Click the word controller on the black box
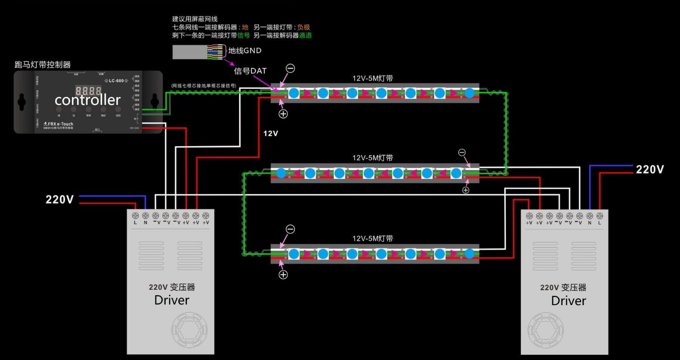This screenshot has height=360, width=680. click(88, 100)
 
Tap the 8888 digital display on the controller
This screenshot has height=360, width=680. click(88, 90)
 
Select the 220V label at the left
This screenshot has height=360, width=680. click(60, 200)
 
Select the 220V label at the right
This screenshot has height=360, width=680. click(649, 169)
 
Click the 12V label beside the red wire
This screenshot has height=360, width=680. click(270, 134)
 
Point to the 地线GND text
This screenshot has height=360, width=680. click(245, 51)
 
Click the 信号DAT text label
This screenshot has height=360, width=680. click(250, 71)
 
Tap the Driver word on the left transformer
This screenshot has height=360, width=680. click(172, 300)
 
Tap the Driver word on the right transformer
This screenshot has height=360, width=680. click(568, 301)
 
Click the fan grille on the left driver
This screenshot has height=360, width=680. click(189, 330)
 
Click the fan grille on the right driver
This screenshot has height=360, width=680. click(545, 330)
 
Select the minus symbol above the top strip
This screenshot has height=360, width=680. click(290, 68)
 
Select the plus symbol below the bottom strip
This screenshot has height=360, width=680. click(283, 275)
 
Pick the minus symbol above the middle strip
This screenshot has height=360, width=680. click(462, 152)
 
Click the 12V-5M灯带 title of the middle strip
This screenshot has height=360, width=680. click(373, 158)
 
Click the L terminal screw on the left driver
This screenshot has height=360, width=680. click(135, 216)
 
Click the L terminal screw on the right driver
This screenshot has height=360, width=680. click(600, 216)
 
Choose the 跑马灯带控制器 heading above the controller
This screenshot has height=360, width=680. click(43, 65)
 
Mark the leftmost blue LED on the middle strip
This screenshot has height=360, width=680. click(281, 173)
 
